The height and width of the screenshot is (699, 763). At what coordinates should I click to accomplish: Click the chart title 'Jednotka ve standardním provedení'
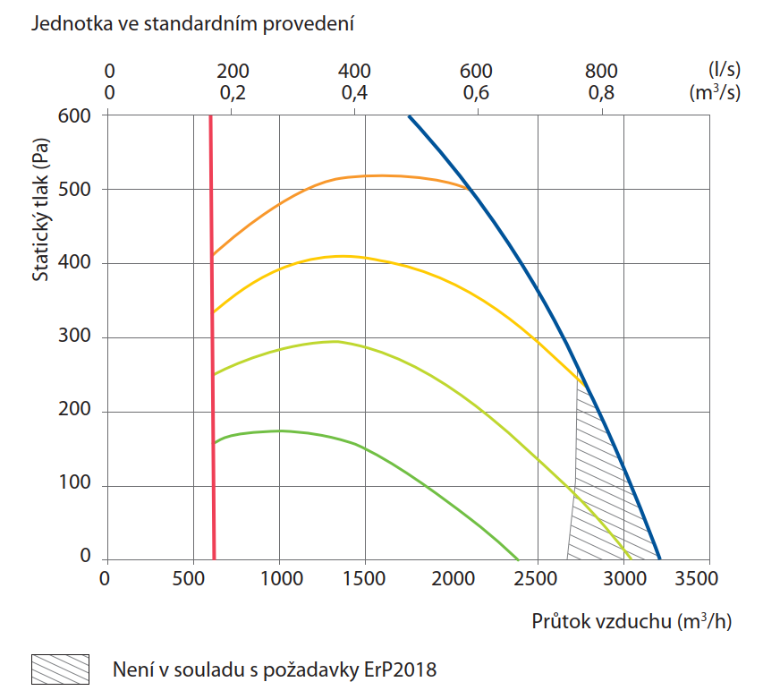(192, 24)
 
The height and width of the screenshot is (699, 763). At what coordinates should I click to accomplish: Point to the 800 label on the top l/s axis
(602, 72)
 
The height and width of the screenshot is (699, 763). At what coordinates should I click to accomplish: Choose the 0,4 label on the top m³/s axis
(355, 93)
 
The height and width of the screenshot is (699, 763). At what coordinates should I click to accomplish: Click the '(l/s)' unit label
(723, 72)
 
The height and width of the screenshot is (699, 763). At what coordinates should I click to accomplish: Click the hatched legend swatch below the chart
(61, 669)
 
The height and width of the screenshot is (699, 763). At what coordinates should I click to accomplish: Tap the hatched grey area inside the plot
(608, 483)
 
